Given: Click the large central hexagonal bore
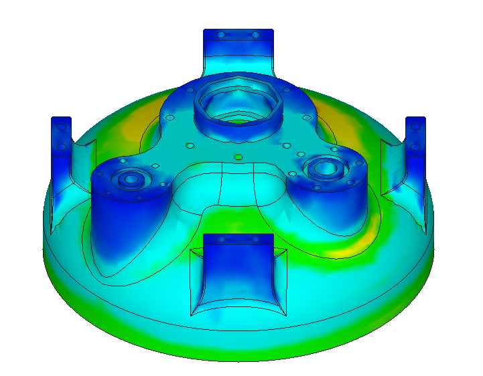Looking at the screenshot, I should pyautogui.click(x=238, y=107).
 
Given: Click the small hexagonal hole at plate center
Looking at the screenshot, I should pyautogui.click(x=238, y=158).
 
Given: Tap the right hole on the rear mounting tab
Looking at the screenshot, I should pyautogui.click(x=255, y=35).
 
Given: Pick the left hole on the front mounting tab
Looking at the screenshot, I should pyautogui.click(x=222, y=239).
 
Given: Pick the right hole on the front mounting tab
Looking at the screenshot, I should pyautogui.click(x=255, y=239).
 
